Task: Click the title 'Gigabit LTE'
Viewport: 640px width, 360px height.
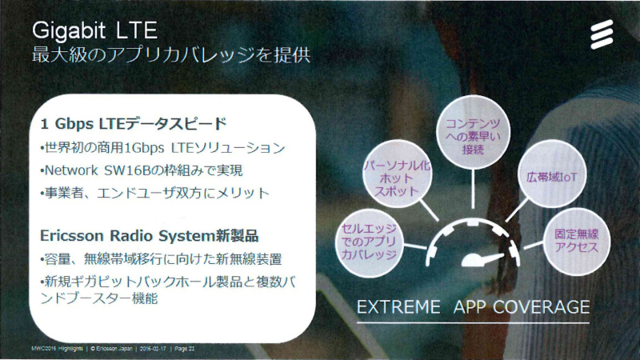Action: (94, 30)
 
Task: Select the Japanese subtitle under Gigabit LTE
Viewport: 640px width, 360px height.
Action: (171, 55)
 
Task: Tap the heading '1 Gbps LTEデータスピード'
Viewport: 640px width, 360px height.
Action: (134, 123)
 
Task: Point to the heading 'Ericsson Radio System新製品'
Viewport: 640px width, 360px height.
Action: (149, 235)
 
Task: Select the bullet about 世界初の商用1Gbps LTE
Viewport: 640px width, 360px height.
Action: (162, 148)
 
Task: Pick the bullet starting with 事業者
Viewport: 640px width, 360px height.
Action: (154, 193)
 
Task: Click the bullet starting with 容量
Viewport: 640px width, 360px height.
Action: (161, 258)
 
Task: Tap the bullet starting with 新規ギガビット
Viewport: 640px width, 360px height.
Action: (168, 290)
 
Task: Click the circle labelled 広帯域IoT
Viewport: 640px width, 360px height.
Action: (552, 176)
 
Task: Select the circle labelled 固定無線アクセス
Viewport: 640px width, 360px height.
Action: (576, 241)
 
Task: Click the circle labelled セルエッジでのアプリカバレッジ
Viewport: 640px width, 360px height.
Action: (369, 242)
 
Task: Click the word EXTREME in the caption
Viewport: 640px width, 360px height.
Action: (398, 307)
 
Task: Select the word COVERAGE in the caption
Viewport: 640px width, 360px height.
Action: (542, 307)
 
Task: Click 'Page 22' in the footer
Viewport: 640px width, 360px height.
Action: (185, 349)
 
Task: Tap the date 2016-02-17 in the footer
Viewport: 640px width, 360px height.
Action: (153, 349)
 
